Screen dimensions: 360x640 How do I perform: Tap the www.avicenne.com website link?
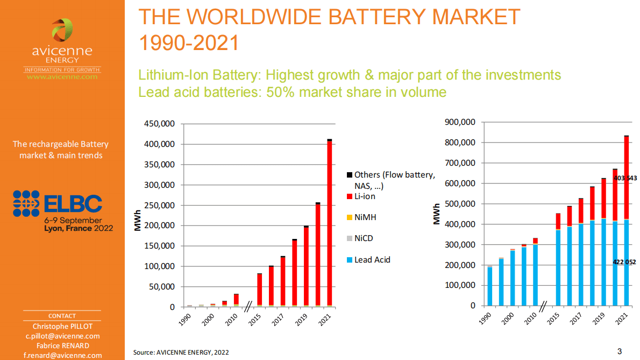click(x=62, y=77)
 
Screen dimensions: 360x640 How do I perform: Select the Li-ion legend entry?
click(x=365, y=196)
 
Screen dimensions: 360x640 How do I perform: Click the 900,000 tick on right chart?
click(x=461, y=122)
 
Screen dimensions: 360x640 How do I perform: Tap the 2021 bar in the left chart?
click(x=329, y=223)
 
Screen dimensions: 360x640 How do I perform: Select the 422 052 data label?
click(x=624, y=262)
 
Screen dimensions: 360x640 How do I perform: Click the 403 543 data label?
click(x=624, y=178)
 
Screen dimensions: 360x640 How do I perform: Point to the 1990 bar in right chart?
click(x=489, y=286)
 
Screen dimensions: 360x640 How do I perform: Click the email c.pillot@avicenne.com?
click(x=62, y=336)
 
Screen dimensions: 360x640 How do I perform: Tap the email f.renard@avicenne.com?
click(x=62, y=355)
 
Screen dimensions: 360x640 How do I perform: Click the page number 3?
click(x=620, y=351)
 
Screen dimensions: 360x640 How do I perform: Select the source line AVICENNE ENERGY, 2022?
click(x=181, y=352)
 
